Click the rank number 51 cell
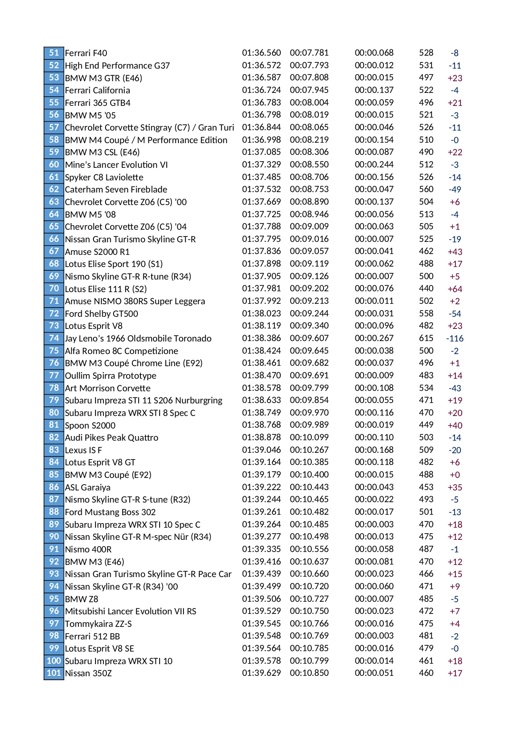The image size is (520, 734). [x=54, y=53]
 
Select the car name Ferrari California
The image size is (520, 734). [x=97, y=90]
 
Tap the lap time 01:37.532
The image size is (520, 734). [x=261, y=189]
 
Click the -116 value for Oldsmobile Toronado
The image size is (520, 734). [x=455, y=339]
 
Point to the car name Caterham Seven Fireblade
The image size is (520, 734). [x=116, y=190]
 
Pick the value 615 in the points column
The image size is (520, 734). [x=426, y=338]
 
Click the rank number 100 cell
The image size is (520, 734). [x=54, y=661]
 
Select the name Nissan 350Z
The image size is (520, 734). [x=88, y=673]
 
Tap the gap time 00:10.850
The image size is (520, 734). [x=309, y=673]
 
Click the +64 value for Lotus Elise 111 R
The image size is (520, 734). [x=455, y=289]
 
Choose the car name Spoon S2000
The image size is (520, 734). [x=90, y=426]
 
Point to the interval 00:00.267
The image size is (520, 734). [x=374, y=338]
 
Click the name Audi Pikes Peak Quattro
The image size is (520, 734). [x=111, y=438]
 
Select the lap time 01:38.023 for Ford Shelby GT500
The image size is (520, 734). [x=261, y=313]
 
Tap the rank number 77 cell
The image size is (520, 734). [x=54, y=375]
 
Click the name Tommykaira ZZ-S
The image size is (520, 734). [x=98, y=624]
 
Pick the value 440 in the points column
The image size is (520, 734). [x=426, y=288]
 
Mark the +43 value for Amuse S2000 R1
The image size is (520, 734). [x=455, y=252]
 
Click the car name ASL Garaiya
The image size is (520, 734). [x=88, y=488]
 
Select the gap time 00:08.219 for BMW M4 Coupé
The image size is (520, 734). [x=309, y=140]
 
